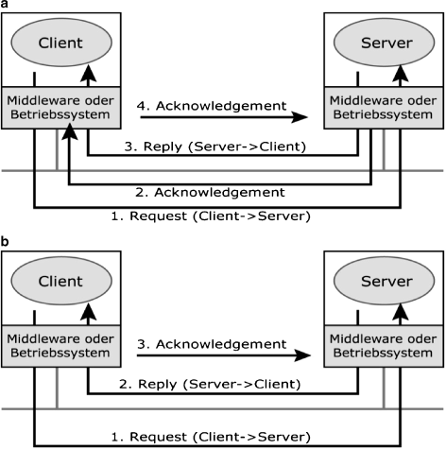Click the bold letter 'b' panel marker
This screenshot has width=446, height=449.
coord(5,242)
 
